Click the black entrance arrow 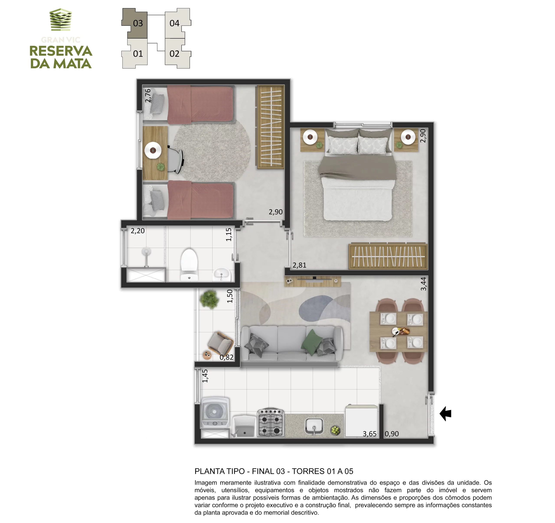click(446, 413)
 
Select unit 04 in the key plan click(177, 23)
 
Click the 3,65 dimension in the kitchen click(370, 434)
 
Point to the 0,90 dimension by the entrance click(392, 434)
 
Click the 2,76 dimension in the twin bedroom click(148, 95)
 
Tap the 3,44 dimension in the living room click(423, 284)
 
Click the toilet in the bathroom click(189, 264)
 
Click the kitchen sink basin click(314, 426)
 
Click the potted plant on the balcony click(209, 299)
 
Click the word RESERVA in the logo click(61, 51)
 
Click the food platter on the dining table click(401, 331)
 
